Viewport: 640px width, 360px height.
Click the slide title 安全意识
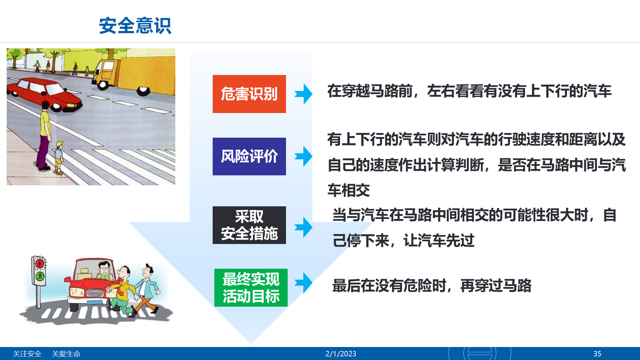click(x=135, y=26)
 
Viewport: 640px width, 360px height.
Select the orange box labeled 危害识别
click(x=249, y=94)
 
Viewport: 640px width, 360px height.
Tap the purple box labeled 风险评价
click(x=249, y=156)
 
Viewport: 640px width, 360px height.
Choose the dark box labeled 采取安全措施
click(x=249, y=225)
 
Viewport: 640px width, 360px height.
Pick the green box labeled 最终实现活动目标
click(x=251, y=288)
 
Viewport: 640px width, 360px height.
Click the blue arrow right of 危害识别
click(x=303, y=94)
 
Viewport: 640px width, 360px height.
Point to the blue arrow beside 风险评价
click(x=303, y=156)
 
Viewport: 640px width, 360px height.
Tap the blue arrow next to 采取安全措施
click(x=303, y=227)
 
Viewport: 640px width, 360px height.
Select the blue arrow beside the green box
click(x=303, y=283)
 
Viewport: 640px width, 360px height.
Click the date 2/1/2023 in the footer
click(x=341, y=354)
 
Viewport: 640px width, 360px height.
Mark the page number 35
click(x=597, y=354)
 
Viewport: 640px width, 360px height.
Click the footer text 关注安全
click(x=27, y=354)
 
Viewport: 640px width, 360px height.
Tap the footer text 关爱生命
click(x=66, y=354)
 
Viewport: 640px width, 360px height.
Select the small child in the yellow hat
click(x=59, y=157)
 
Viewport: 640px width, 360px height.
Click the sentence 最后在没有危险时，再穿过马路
click(x=432, y=286)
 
